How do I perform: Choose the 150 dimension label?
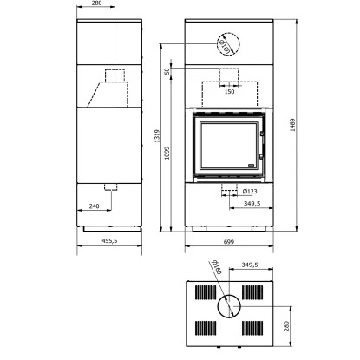pyautogui.click(x=229, y=92)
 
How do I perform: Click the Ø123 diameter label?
pyautogui.click(x=249, y=191)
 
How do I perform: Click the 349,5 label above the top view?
pyautogui.click(x=250, y=264)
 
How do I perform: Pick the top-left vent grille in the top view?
pyautogui.click(x=206, y=291)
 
